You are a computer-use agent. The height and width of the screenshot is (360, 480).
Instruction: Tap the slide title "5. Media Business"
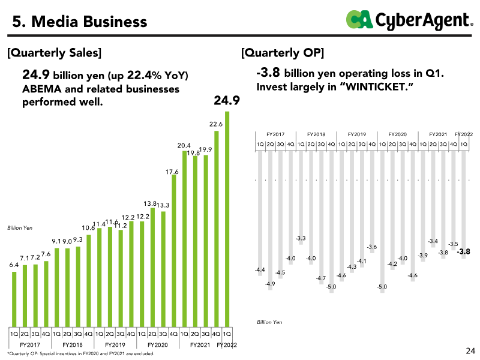tap(80, 22)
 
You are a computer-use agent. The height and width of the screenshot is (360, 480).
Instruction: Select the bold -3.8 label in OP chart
tap(463, 252)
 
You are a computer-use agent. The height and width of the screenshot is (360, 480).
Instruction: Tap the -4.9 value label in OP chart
tap(270, 284)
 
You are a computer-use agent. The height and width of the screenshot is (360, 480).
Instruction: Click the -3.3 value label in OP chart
tap(301, 239)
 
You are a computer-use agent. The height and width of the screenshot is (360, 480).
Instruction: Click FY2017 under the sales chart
tap(30, 345)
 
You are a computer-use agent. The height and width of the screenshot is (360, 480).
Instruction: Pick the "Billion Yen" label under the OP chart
tap(269, 322)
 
